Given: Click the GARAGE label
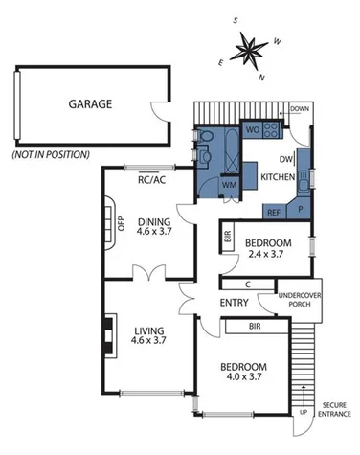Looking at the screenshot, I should (x=89, y=104).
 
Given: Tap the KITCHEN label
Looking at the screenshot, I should (x=278, y=178).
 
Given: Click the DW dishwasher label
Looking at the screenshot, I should (x=285, y=160).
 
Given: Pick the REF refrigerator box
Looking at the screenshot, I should (x=273, y=212).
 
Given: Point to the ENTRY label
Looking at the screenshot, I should (x=234, y=303).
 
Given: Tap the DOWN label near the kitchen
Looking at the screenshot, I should (x=301, y=108).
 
